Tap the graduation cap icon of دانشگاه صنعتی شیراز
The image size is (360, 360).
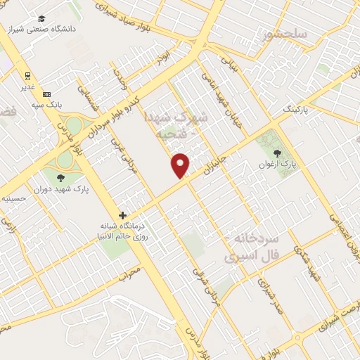pyautogui.click(x=42, y=19)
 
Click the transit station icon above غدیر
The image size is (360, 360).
pyautogui.click(x=27, y=75)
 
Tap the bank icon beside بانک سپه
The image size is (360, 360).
pyautogui.click(x=46, y=94)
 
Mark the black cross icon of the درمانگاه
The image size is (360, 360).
pyautogui.click(x=123, y=215)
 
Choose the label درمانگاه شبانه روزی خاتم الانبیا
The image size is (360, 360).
pyautogui.click(x=124, y=231)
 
